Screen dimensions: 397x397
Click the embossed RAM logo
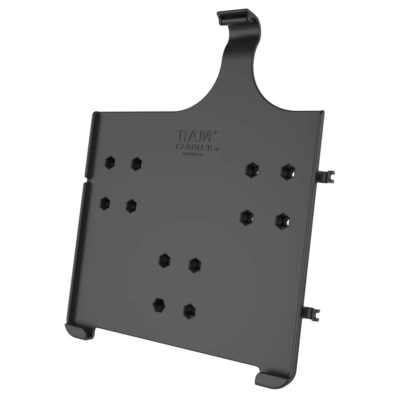(195, 136)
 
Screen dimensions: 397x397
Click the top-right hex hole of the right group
(288, 171)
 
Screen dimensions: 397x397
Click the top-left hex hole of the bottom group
(165, 259)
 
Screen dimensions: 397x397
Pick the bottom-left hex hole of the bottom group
(159, 304)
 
